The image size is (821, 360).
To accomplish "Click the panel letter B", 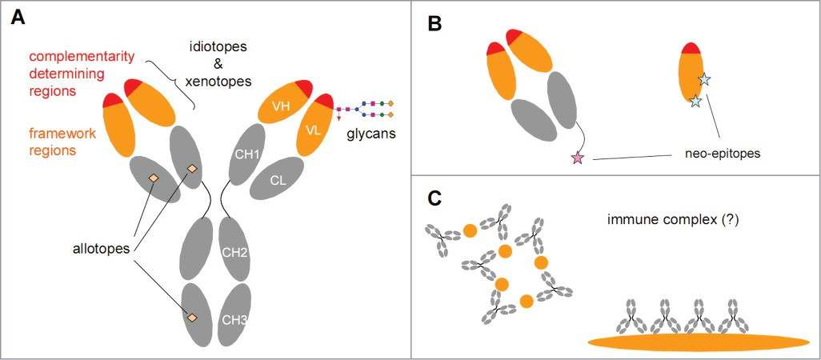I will coord(435,23).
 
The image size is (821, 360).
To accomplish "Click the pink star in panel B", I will coord(578,158).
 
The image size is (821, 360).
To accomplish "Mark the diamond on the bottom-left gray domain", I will coord(192,318).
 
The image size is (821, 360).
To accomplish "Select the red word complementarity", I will coord(82,57).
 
